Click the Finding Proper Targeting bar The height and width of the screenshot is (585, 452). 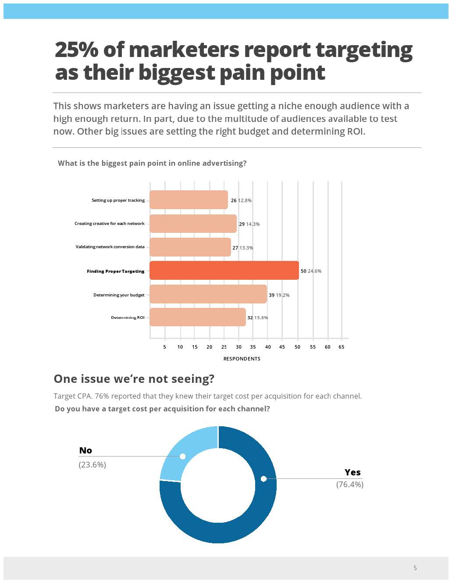tap(224, 271)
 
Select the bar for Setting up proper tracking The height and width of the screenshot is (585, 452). tap(189, 200)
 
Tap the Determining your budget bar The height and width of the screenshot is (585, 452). tap(208, 294)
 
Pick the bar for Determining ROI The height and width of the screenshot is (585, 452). tap(198, 317)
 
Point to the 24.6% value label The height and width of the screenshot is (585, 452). tap(314, 271)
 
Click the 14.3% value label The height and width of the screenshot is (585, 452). tap(253, 224)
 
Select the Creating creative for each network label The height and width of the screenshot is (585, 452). tap(109, 224)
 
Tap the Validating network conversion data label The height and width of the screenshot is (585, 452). tap(110, 247)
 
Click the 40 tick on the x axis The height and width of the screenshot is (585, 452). tap(268, 347)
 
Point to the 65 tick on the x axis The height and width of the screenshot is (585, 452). tap(342, 347)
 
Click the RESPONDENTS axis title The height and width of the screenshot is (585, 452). tap(242, 359)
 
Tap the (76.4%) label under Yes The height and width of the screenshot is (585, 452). tap(349, 485)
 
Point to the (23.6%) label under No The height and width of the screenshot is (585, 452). tap(92, 465)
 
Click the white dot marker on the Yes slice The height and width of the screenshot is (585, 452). tap(263, 479)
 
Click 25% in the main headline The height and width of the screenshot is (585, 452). tap(76, 50)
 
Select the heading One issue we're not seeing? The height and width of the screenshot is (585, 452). tap(134, 379)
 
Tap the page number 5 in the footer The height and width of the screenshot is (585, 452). tap(415, 568)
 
